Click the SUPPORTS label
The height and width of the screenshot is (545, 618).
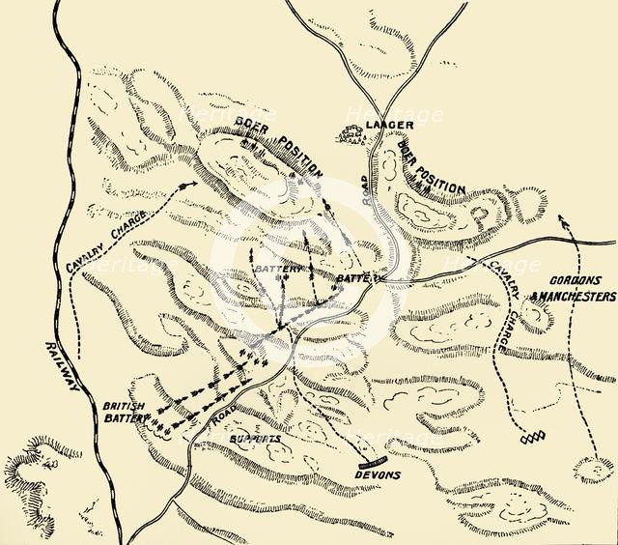[x=257, y=438]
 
